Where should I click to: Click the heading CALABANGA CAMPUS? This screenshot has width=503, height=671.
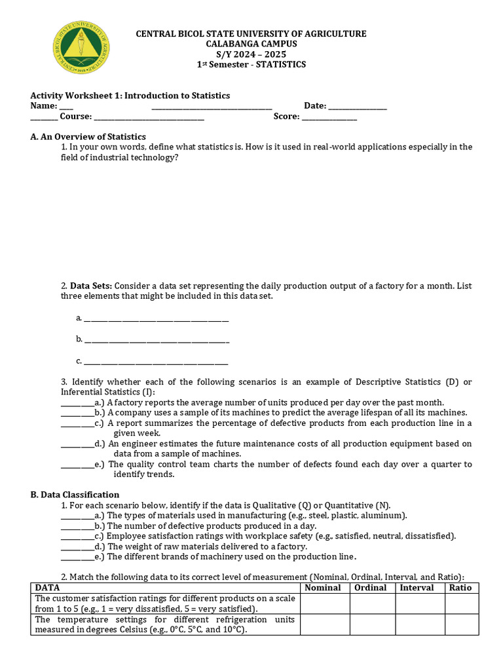pyautogui.click(x=251, y=44)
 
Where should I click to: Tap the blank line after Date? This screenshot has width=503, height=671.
pyautogui.click(x=357, y=106)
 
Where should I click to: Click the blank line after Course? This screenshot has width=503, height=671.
pyautogui.click(x=149, y=117)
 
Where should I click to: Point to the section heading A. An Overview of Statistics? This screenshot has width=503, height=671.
pyautogui.click(x=88, y=137)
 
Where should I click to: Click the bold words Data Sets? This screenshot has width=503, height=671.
pyautogui.click(x=91, y=286)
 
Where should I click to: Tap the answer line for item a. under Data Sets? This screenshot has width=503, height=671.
pyautogui.click(x=157, y=319)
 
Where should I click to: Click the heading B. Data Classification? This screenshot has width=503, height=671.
pyautogui.click(x=75, y=495)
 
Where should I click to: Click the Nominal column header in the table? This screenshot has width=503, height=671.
pyautogui.click(x=323, y=588)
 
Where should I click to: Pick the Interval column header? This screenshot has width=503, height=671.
pyautogui.click(x=417, y=588)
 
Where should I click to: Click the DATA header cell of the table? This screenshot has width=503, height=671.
pyautogui.click(x=48, y=588)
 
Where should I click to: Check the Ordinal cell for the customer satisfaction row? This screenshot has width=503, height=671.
pyautogui.click(x=372, y=604)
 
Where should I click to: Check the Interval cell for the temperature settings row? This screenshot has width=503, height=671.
pyautogui.click(x=417, y=624)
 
